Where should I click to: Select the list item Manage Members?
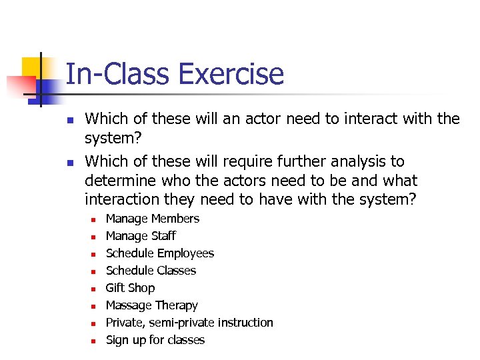(152, 219)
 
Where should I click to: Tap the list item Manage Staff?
(141, 236)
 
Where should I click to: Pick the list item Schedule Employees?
(160, 253)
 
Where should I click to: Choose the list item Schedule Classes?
(151, 271)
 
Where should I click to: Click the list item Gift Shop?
(130, 288)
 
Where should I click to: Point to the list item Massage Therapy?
(151, 305)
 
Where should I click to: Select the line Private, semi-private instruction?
(189, 323)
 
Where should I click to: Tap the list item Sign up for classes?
(155, 340)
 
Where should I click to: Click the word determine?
(119, 181)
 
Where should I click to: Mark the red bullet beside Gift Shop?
(93, 289)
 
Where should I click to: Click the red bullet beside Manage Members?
(93, 219)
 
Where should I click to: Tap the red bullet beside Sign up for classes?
(93, 341)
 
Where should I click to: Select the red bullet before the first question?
(69, 120)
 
